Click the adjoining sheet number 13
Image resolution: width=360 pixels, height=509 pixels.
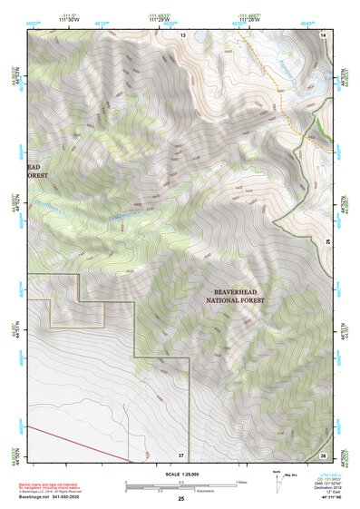181,34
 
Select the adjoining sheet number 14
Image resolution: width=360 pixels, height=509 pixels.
324,34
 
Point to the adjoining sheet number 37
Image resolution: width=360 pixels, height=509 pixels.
181,454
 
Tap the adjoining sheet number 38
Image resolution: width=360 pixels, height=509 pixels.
324,454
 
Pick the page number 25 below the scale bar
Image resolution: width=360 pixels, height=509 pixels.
181,499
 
